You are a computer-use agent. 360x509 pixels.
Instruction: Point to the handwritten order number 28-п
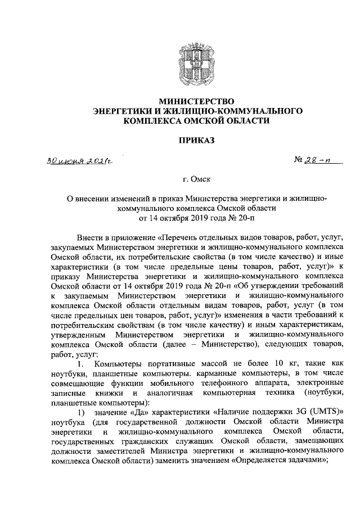pyautogui.click(x=314, y=162)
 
